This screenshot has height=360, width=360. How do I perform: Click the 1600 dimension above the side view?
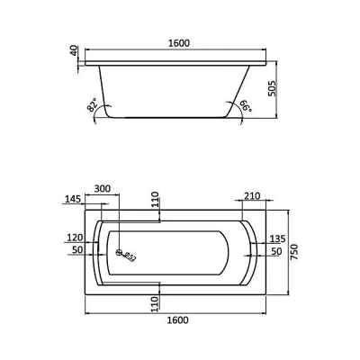[179, 43]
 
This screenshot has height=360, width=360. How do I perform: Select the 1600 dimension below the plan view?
[178, 320]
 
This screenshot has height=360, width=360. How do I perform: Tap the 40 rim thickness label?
[74, 50]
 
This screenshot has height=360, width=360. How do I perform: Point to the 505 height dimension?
[272, 88]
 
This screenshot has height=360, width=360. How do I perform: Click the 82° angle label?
[93, 105]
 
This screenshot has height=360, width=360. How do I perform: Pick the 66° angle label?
[246, 106]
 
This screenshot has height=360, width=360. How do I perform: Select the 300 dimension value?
[103, 189]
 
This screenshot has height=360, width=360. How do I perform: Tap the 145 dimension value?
[73, 199]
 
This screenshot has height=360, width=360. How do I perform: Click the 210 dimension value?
[251, 196]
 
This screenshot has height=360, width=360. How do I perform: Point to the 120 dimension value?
[75, 238]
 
